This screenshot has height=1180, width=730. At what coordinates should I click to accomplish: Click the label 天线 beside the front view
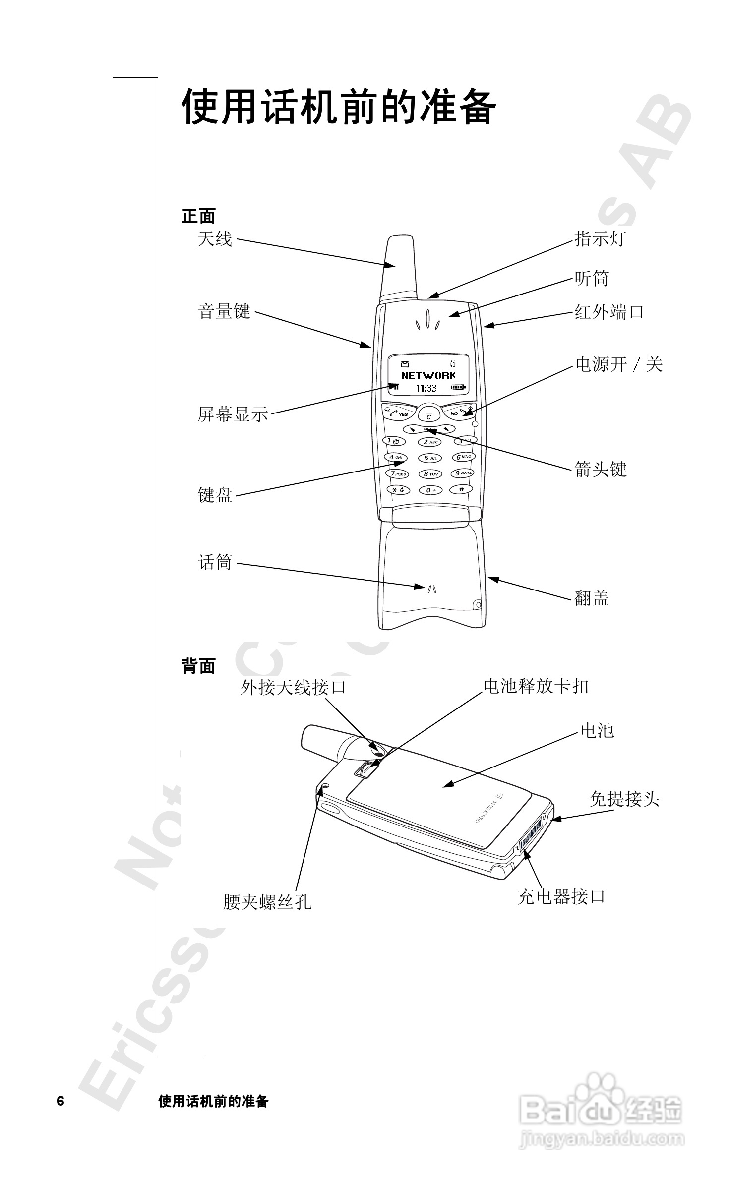(215, 239)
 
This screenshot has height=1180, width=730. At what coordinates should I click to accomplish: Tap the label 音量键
(224, 311)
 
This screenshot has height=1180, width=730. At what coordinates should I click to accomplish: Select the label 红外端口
(609, 312)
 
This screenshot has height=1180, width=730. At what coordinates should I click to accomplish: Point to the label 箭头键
(601, 469)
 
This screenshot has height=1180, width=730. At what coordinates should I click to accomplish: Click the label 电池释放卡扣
(536, 686)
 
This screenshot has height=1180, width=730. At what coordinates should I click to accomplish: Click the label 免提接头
(624, 799)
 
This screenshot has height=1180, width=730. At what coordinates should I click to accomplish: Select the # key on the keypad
(462, 489)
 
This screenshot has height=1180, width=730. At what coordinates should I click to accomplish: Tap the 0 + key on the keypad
(430, 490)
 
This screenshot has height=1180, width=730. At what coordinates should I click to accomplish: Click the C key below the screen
(429, 416)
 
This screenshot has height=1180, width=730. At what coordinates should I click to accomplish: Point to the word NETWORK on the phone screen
(428, 375)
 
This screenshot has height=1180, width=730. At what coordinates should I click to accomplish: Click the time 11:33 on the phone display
(426, 388)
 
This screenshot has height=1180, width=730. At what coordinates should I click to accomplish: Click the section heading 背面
(198, 666)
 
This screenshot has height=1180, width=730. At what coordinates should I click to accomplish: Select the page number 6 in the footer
(61, 1101)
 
